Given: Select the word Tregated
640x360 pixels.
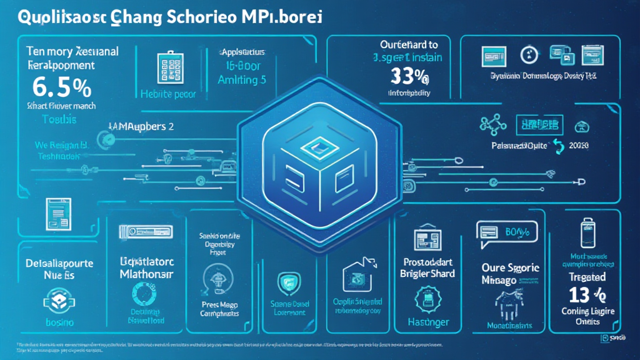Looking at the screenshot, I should (x=587, y=277).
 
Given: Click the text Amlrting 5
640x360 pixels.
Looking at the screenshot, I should (x=241, y=80).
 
